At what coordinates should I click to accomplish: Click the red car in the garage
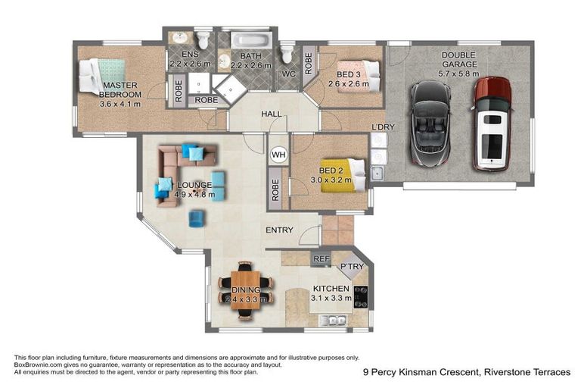492,123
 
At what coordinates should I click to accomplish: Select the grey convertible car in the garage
430,127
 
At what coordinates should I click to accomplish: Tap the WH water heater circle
278,155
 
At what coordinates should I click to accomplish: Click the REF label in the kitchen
320,259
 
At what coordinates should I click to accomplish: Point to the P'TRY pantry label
352,267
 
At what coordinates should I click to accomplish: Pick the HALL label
272,114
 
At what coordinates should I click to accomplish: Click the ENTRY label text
279,230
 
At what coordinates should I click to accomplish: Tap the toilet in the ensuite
203,39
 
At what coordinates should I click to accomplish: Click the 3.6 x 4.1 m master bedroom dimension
120,104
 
